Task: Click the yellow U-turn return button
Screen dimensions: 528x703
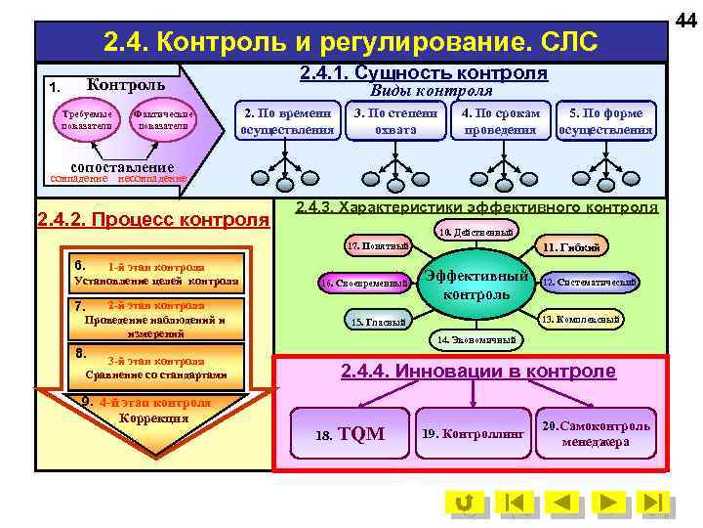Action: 466,503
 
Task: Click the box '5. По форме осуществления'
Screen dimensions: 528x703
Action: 605,121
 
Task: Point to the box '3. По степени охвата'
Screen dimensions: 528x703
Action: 395,121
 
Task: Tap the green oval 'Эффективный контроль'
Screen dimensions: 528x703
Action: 476,284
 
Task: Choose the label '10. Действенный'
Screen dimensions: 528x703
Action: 474,232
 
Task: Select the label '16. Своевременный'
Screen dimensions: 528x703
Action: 364,284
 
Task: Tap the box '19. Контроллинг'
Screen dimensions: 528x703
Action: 473,433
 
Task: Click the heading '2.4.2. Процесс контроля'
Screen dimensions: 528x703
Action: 152,219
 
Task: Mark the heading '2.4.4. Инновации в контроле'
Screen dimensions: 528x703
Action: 477,372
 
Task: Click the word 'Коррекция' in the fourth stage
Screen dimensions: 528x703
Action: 153,418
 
